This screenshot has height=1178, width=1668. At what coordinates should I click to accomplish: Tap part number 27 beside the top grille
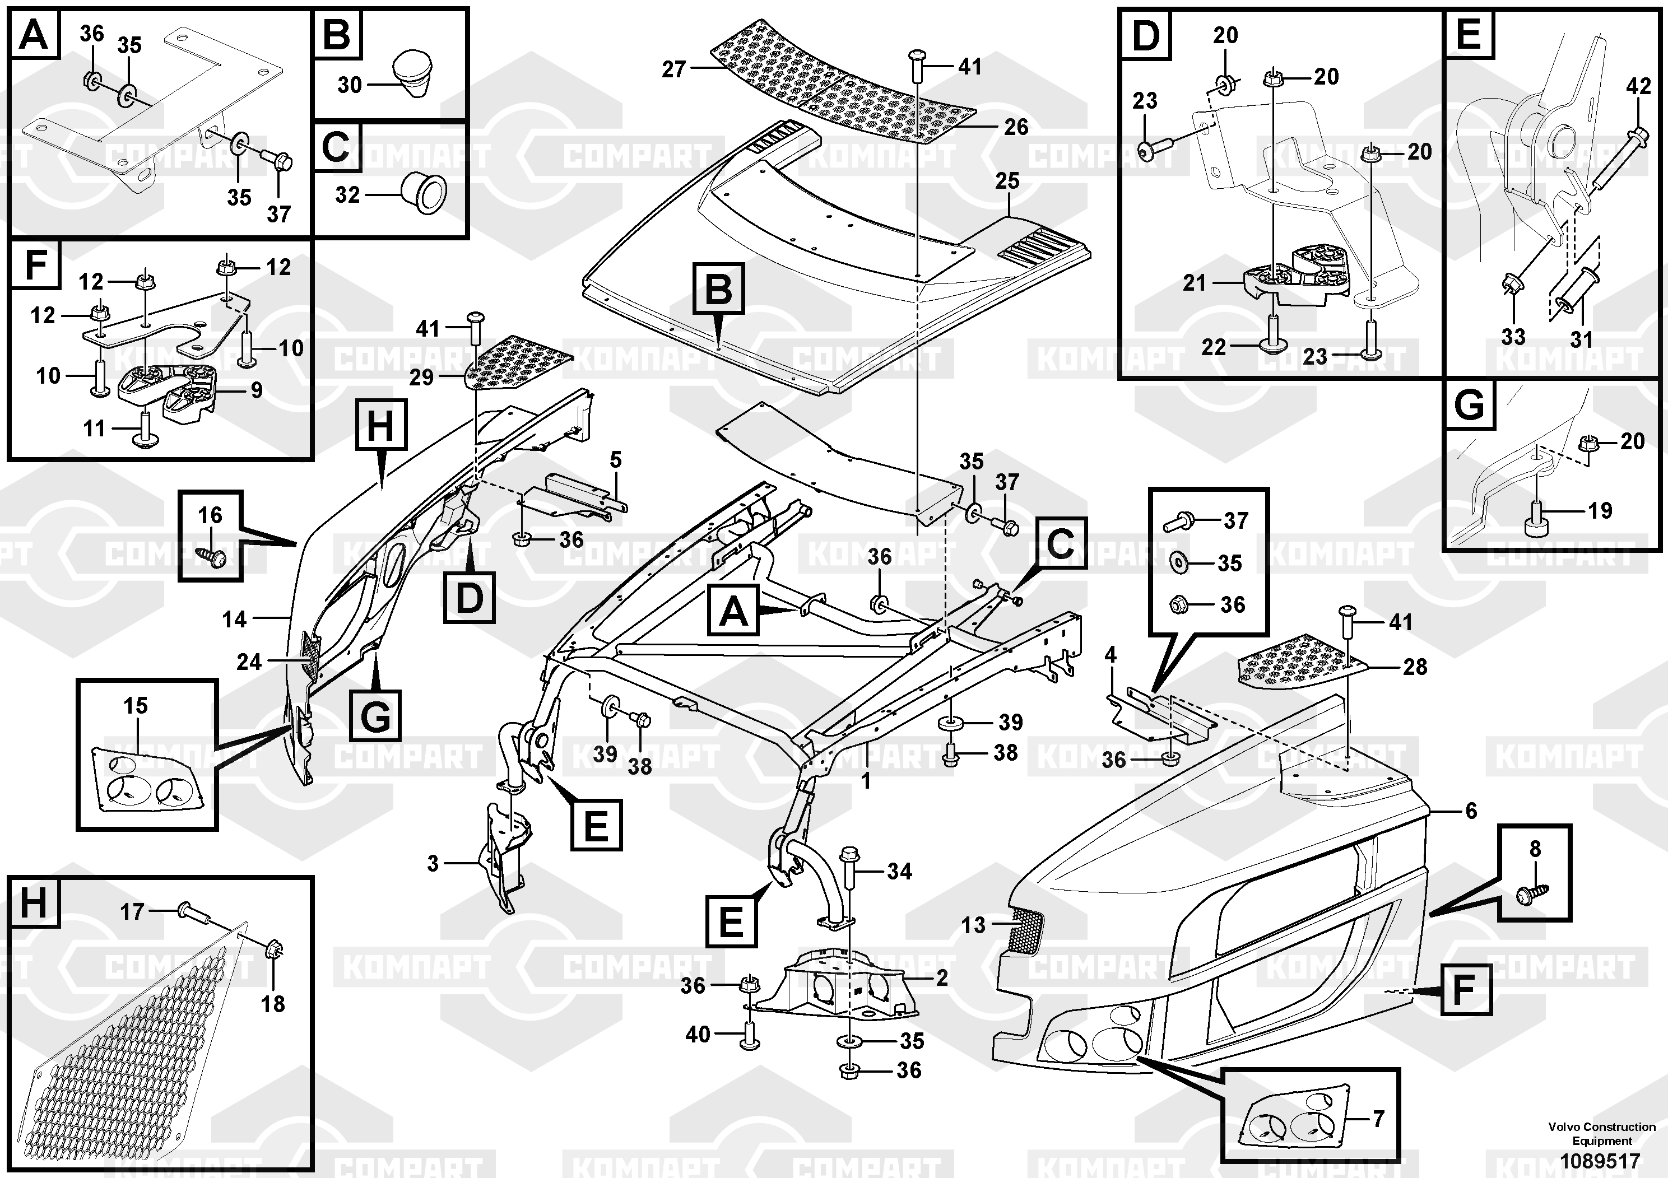[x=673, y=69]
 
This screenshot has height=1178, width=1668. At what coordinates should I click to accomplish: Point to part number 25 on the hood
[x=1007, y=181]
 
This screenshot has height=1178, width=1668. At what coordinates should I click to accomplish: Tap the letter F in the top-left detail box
[x=36, y=264]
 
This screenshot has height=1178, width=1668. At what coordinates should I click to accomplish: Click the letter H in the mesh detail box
[x=34, y=904]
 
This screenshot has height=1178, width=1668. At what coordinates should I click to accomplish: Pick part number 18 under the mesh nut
[x=273, y=1004]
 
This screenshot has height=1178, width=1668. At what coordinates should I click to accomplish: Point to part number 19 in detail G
[x=1600, y=510]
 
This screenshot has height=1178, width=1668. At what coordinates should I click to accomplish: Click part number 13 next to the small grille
[x=973, y=925]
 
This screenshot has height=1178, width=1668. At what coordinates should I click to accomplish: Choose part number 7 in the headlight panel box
[x=1378, y=1119]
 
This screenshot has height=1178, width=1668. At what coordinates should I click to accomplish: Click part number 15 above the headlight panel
[x=136, y=705]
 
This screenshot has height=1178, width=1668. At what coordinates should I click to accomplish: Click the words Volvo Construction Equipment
[x=1601, y=1133]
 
